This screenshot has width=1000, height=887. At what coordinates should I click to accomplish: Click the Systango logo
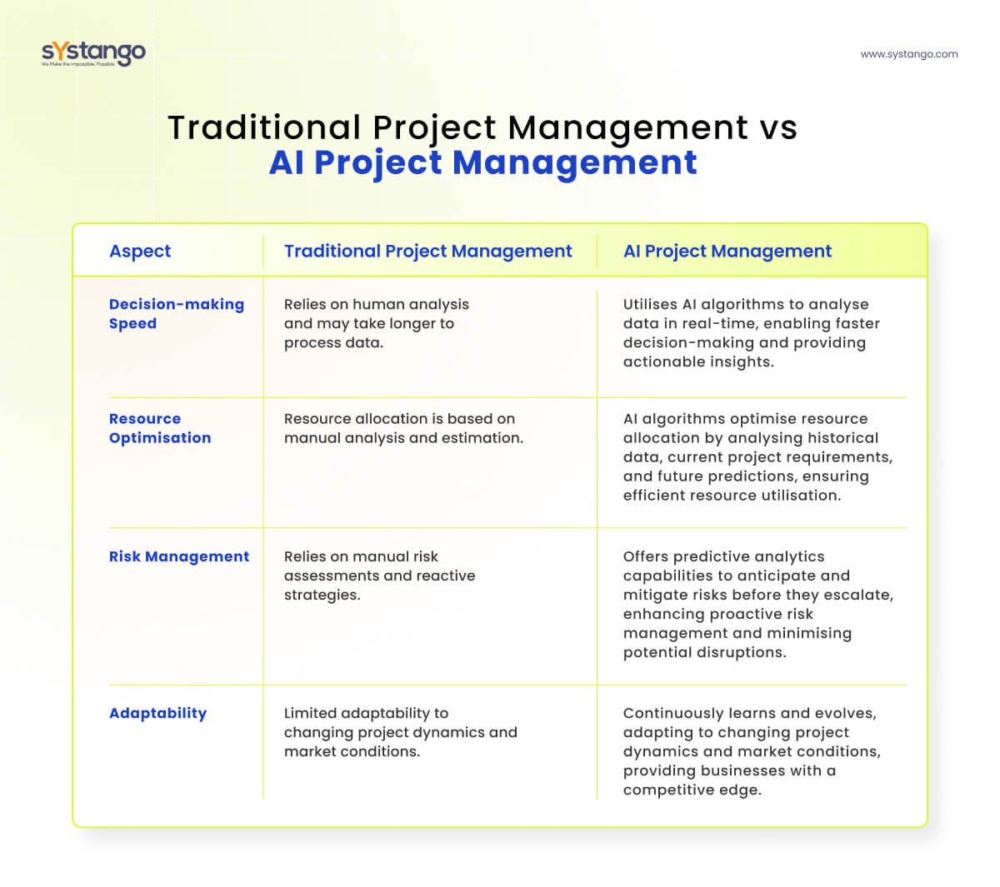93,53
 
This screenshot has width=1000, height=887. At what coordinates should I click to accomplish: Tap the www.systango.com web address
908,54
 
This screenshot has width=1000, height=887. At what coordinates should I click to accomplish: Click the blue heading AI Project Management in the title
482,162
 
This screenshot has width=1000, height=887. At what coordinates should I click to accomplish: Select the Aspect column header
140,252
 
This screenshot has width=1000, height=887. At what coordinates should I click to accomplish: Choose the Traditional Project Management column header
427,252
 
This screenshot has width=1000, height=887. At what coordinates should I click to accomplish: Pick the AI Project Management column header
727,252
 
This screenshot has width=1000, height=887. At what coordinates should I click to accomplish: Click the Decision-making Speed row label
176,314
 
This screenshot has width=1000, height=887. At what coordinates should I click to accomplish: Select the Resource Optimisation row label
159,428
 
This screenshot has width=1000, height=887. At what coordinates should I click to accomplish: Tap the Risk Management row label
178,556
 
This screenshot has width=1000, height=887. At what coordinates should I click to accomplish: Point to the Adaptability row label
157,713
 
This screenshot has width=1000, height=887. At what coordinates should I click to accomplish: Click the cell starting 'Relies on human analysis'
376,324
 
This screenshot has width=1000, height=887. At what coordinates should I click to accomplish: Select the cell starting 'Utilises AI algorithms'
751,333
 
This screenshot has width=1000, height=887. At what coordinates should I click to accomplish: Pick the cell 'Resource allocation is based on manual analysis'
403,428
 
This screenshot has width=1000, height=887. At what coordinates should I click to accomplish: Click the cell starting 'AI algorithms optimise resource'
757,457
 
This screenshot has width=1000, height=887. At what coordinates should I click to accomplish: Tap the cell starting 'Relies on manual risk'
379,576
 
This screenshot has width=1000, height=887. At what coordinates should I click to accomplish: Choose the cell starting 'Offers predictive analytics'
757,604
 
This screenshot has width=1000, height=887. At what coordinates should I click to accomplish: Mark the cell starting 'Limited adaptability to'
400,732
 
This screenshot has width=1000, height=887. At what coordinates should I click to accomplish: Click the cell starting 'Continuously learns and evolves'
751,751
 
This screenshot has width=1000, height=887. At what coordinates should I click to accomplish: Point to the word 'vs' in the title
777,128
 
